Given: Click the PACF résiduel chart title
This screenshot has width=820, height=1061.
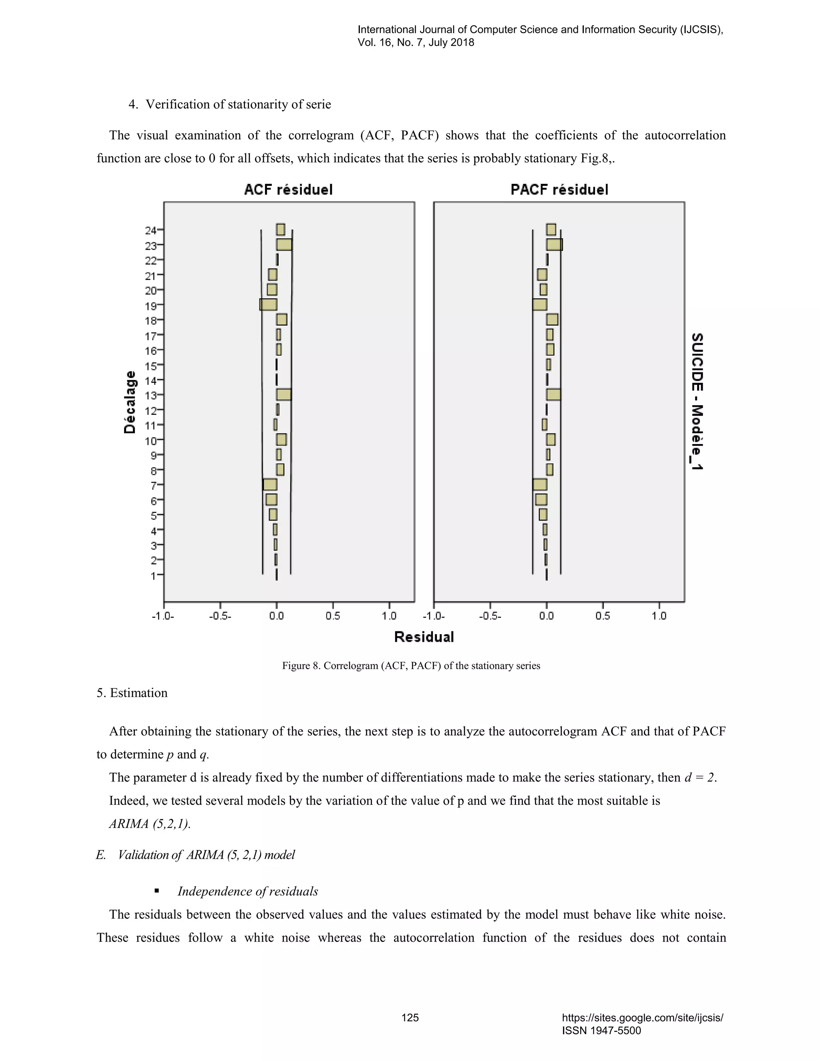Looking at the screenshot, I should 559,189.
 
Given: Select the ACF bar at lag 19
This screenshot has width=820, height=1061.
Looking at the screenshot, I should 268,305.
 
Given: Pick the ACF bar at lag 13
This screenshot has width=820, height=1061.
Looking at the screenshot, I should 284,394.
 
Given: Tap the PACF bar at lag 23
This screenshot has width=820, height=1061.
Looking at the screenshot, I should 554,244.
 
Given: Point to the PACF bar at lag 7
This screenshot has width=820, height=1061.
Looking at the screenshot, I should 540,484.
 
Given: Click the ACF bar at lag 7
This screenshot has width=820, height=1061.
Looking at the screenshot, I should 270,484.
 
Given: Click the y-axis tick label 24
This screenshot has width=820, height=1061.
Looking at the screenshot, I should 151,230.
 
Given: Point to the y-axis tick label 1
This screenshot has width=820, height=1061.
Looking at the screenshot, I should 153,576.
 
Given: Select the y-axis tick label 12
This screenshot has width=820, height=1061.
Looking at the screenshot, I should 151,410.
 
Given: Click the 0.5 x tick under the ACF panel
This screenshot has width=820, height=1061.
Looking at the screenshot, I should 333,616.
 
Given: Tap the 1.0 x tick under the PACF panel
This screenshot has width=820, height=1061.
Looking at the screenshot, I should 659,616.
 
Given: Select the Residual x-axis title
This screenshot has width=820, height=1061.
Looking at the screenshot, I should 424,637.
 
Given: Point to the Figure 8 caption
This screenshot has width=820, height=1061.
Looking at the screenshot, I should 411,665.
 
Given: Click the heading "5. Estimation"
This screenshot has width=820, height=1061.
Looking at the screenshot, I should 132,693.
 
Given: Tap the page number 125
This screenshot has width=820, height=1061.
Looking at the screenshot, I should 410,1018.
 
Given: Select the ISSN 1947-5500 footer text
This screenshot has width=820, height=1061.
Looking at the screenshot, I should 601,1031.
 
